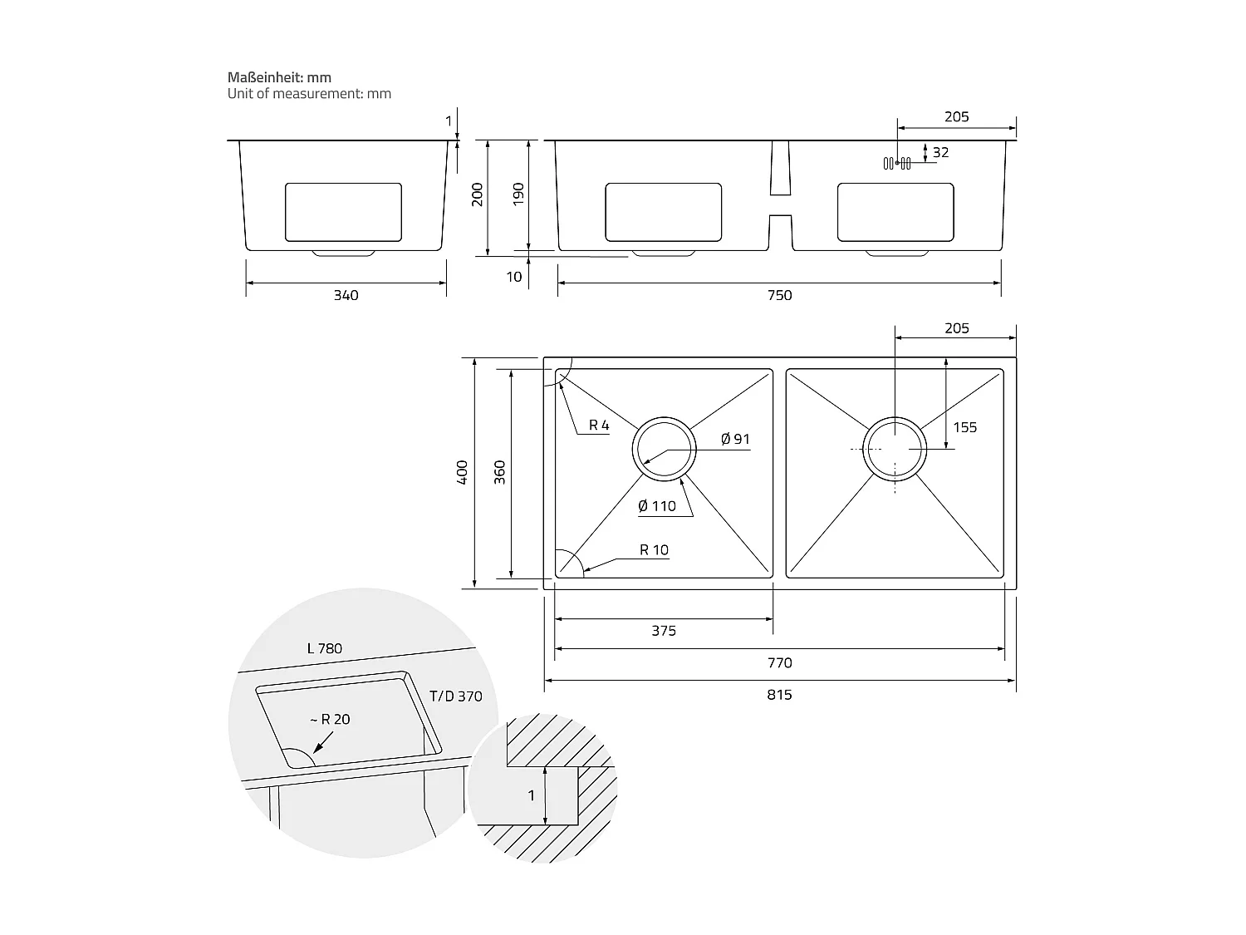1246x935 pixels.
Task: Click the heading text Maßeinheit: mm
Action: point(279,77)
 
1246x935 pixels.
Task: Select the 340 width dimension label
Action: point(346,296)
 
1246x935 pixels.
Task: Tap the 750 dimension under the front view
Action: point(779,296)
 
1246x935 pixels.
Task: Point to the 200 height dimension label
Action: point(478,194)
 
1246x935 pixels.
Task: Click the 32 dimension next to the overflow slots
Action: point(940,153)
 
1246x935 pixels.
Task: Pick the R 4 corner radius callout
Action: point(599,426)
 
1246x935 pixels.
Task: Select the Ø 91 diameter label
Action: point(735,439)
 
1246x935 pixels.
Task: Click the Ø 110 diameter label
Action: point(657,506)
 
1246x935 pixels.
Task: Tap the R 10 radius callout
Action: point(654,549)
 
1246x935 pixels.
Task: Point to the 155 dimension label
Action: point(964,427)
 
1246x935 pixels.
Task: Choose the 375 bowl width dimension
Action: point(663,631)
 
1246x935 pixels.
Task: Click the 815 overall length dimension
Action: point(779,695)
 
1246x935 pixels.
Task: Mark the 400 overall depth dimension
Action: point(463,472)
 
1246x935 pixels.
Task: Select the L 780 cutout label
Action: point(324,648)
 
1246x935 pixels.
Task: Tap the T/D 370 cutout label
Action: point(456,696)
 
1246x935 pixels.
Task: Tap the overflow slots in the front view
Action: point(897,163)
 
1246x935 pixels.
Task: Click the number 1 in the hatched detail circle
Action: point(532,795)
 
